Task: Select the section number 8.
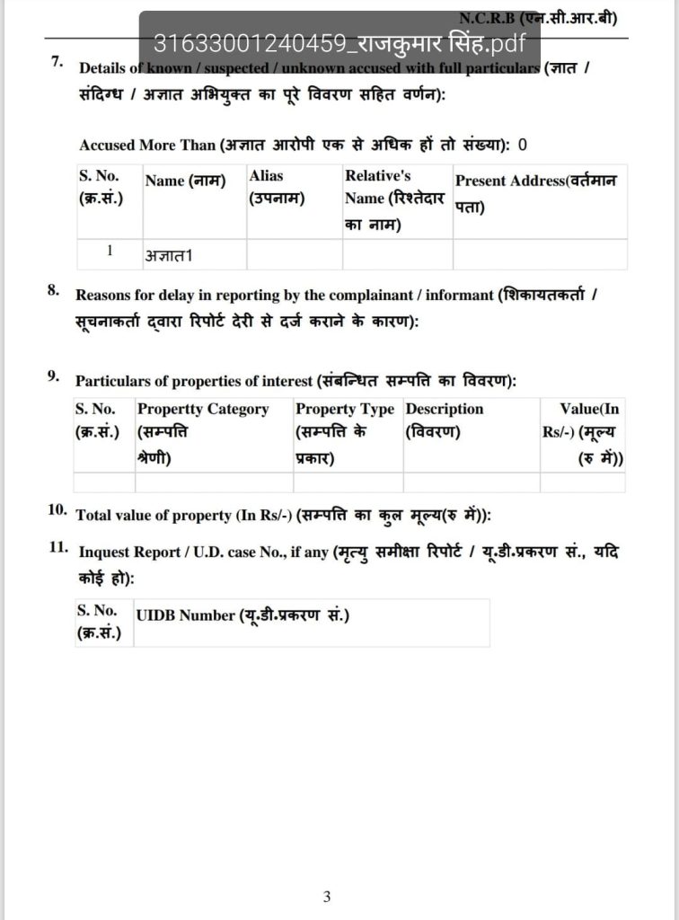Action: [x=54, y=290]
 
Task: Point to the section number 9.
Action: [x=54, y=376]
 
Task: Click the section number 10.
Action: [x=57, y=510]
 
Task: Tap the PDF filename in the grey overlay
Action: [x=339, y=43]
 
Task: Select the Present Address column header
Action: [x=536, y=192]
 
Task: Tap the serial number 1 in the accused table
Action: [x=110, y=252]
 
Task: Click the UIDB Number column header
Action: [x=242, y=615]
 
